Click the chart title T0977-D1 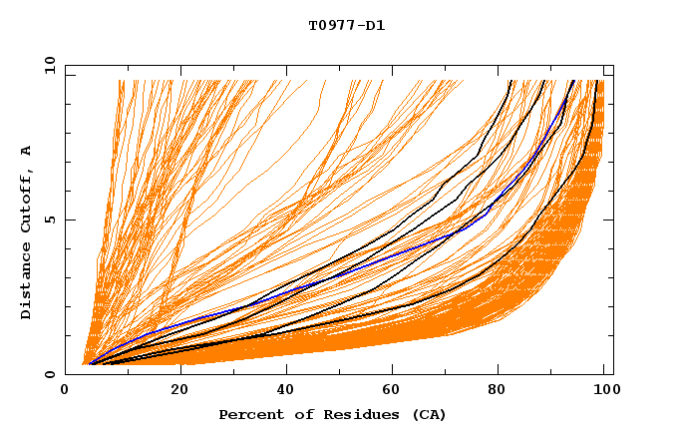346,26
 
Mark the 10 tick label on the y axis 48,65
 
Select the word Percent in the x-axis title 249,415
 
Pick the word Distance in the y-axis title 26,281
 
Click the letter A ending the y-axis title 26,151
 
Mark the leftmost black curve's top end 510,81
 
